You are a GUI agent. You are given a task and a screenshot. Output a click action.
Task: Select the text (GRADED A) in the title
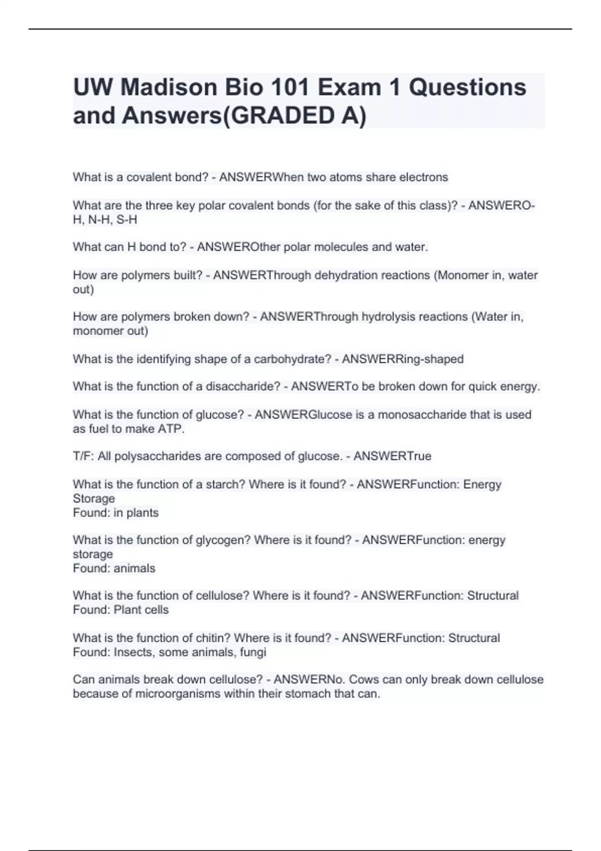click(x=294, y=116)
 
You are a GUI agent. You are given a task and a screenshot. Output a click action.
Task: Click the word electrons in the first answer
click(x=423, y=177)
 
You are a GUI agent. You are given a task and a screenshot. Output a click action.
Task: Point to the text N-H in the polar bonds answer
click(x=100, y=220)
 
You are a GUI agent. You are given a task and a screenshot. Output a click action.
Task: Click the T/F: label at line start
click(x=83, y=456)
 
